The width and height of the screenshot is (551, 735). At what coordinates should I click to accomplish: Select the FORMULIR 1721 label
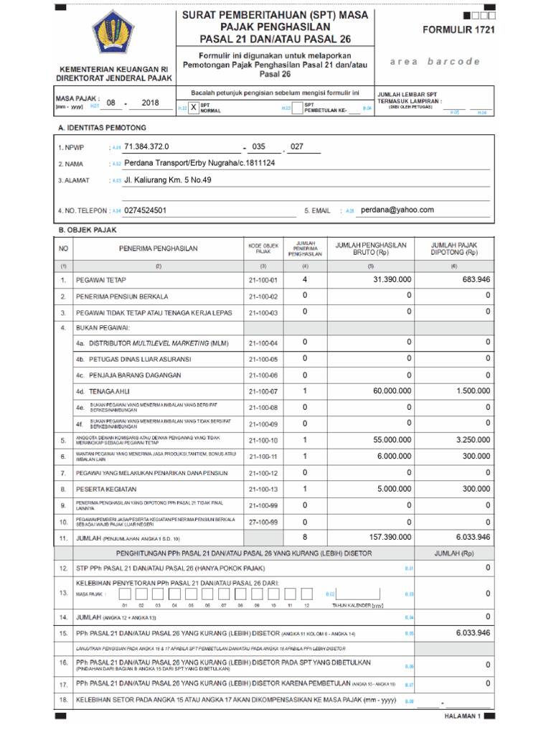pyautogui.click(x=458, y=30)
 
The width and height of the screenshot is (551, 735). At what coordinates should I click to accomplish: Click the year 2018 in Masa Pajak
pyautogui.click(x=151, y=103)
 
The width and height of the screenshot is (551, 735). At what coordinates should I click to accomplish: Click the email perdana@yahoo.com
pyautogui.click(x=397, y=210)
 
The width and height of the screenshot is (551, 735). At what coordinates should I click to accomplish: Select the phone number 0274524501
pyautogui.click(x=146, y=210)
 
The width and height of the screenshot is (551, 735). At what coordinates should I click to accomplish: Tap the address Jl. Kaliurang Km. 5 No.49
pyautogui.click(x=168, y=180)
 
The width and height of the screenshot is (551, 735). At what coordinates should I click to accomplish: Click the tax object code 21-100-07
pyautogui.click(x=263, y=391)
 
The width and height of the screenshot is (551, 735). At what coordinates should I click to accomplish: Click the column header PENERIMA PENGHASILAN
pyautogui.click(x=159, y=248)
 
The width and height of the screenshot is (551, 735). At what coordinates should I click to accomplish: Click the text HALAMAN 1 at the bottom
pyautogui.click(x=463, y=716)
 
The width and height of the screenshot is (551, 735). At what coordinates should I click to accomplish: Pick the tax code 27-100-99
pyautogui.click(x=263, y=522)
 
